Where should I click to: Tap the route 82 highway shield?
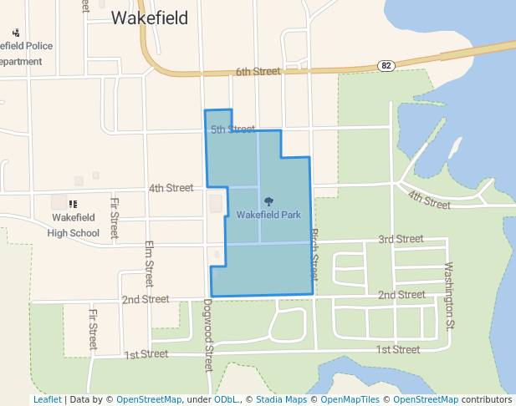click(385, 66)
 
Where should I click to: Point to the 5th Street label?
click(232, 129)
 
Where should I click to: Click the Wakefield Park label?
click(268, 215)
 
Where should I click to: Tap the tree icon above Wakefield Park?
click(268, 201)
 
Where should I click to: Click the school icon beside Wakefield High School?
click(73, 204)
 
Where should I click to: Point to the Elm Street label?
click(149, 264)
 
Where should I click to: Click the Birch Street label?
click(315, 254)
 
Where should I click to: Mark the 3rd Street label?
click(401, 239)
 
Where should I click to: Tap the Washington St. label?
click(449, 295)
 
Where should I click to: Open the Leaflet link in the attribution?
click(47, 400)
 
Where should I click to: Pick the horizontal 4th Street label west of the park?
click(171, 188)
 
